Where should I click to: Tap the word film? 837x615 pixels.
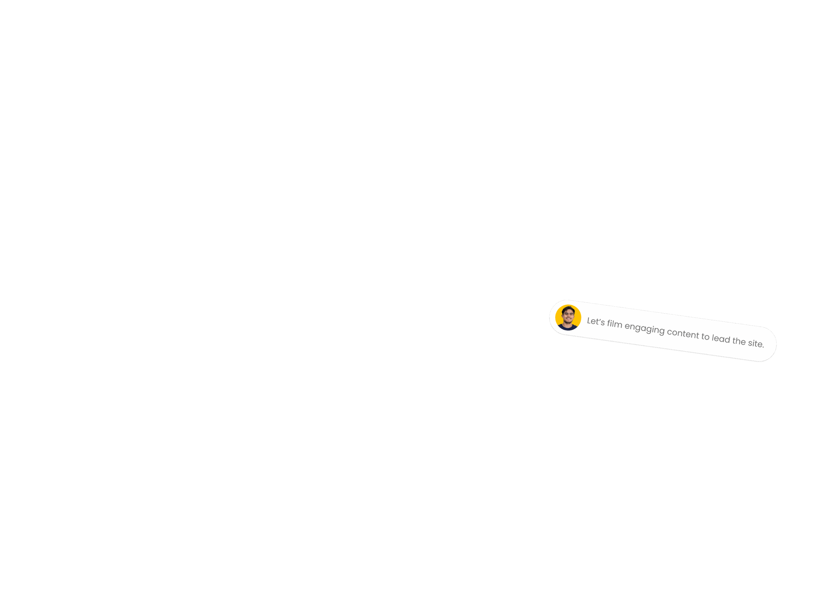pyautogui.click(x=615, y=324)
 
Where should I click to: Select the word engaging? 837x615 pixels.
pyautogui.click(x=644, y=329)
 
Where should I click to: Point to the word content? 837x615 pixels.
pyautogui.click(x=683, y=333)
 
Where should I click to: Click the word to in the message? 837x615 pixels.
pyautogui.click(x=706, y=337)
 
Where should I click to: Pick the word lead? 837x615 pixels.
pyautogui.click(x=721, y=339)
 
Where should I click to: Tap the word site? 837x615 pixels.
pyautogui.click(x=755, y=343)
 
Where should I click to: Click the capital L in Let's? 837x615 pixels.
pyautogui.click(x=589, y=321)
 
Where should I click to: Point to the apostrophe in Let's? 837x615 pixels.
pyautogui.click(x=599, y=319)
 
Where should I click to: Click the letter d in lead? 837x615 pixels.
pyautogui.click(x=727, y=339)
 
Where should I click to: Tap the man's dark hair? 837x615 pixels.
pyautogui.click(x=568, y=309)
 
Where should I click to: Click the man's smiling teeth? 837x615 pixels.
pyautogui.click(x=568, y=320)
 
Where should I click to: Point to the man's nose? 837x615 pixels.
pyautogui.click(x=568, y=317)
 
